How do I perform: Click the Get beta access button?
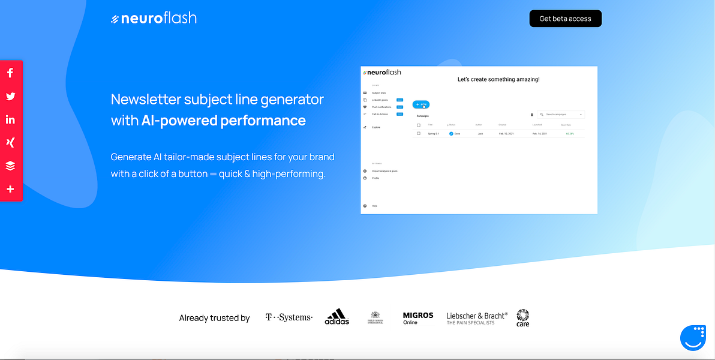(565, 19)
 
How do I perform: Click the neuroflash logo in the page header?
(154, 19)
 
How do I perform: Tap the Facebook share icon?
(10, 73)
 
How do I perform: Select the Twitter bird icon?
(10, 96)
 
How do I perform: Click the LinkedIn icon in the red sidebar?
(10, 119)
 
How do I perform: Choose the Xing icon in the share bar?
(10, 143)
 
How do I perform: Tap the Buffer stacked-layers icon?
(10, 166)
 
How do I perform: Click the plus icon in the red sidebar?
(10, 189)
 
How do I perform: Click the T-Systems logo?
(289, 317)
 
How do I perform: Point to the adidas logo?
(337, 317)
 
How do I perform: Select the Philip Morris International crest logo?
(375, 317)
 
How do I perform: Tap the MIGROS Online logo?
(417, 318)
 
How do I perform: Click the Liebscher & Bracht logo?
(477, 318)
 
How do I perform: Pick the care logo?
(522, 317)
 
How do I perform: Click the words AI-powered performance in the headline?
(223, 121)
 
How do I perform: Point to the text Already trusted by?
(214, 318)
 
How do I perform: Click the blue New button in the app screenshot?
(421, 104)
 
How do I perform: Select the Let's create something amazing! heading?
(498, 79)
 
